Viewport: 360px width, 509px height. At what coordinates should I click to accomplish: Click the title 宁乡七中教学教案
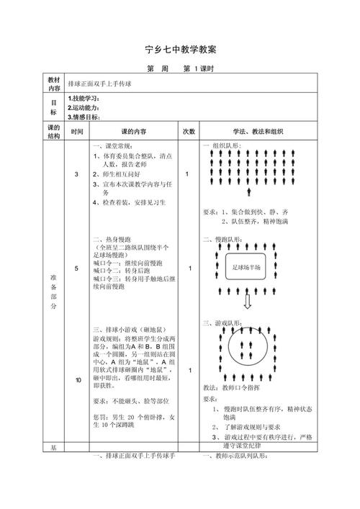(x=181, y=49)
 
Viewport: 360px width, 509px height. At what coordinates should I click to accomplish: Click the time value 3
(x=77, y=175)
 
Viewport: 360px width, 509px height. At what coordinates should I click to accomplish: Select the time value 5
(x=77, y=269)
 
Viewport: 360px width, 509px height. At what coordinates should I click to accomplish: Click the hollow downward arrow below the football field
(x=248, y=301)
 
